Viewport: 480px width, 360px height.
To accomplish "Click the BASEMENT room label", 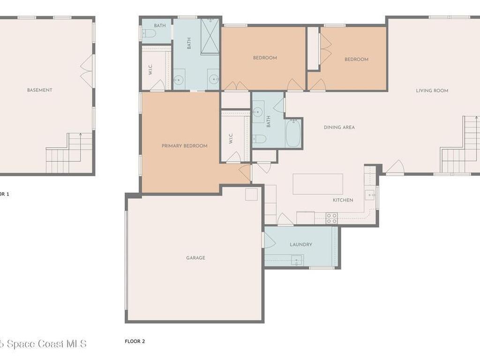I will pyautogui.click(x=39, y=90).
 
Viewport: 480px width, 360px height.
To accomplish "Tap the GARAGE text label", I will pyautogui.click(x=195, y=258).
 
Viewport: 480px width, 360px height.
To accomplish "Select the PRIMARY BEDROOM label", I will pyautogui.click(x=184, y=146).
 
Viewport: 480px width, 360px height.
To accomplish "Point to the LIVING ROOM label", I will pyautogui.click(x=432, y=90).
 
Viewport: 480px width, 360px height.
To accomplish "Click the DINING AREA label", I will pyautogui.click(x=339, y=127).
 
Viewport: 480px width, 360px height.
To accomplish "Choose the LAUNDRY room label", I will pyautogui.click(x=300, y=244).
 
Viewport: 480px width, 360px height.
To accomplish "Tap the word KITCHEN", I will pyautogui.click(x=343, y=200).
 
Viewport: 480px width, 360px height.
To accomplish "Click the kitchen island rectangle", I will pyautogui.click(x=317, y=184).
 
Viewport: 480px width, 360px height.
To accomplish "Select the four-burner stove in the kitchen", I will pyautogui.click(x=331, y=218).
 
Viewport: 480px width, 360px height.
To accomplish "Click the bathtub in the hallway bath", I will pyautogui.click(x=293, y=133).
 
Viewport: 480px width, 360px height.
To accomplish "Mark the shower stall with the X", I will pyautogui.click(x=210, y=31).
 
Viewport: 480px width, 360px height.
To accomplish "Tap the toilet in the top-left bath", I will pyautogui.click(x=149, y=33).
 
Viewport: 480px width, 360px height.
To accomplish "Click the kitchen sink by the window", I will pyautogui.click(x=370, y=195).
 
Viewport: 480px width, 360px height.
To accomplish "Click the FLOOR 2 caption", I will pyautogui.click(x=135, y=341).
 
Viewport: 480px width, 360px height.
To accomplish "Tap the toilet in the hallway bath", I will pyautogui.click(x=259, y=139).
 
